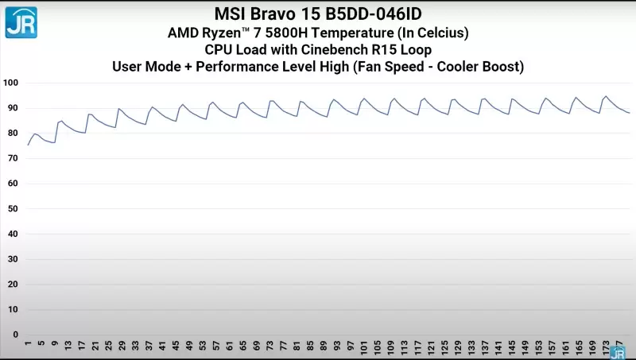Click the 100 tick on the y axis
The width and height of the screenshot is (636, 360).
[x=10, y=83]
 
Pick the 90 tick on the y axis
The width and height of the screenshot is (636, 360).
[x=12, y=108]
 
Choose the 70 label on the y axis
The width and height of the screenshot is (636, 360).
[x=12, y=158]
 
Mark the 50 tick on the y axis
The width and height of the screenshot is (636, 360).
[x=12, y=208]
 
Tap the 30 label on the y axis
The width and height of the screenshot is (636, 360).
[x=12, y=258]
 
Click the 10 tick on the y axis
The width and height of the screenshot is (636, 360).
[x=12, y=309]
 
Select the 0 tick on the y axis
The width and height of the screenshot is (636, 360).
[x=14, y=334]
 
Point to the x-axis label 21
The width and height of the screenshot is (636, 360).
[x=95, y=346]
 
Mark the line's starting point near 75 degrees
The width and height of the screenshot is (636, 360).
[x=28, y=145]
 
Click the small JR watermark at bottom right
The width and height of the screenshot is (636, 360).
[x=617, y=352]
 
